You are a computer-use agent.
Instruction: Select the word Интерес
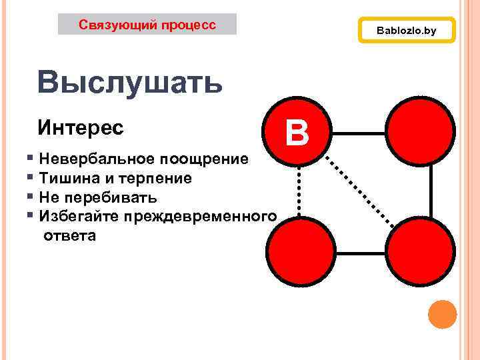point(81,127)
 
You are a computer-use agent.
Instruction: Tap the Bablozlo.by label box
point(406,31)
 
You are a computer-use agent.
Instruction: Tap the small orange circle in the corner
point(441,314)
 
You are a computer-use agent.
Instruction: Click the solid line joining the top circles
point(359,133)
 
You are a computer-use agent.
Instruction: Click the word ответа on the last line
point(69,235)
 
